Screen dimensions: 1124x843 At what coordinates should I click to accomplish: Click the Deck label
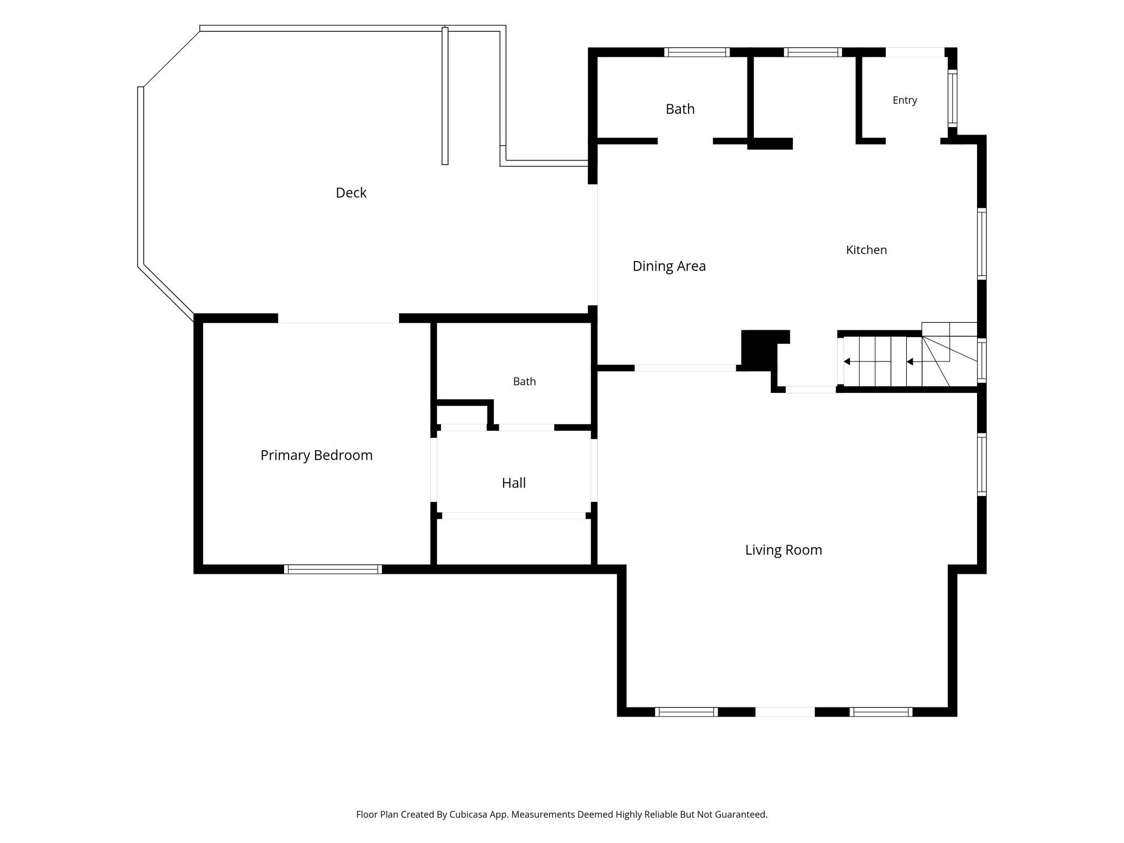351,193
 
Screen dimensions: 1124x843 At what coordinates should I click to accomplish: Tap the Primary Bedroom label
316,455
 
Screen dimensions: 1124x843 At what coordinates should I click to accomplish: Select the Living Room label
783,550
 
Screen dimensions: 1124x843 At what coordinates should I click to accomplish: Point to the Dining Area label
669,266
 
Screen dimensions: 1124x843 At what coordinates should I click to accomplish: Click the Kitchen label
866,250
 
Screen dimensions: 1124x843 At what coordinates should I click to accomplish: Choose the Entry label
905,101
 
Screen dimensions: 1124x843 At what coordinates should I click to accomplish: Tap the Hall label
513,483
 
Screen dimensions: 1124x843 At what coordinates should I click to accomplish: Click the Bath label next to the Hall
524,382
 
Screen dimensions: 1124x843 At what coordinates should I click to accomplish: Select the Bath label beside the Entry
680,109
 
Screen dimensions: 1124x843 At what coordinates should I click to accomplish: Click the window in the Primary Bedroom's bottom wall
333,569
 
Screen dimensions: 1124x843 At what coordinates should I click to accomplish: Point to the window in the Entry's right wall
952,98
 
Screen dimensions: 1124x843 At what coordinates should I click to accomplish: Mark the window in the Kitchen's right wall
982,244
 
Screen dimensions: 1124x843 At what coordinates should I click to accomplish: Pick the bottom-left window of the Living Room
686,712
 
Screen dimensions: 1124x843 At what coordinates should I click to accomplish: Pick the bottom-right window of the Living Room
881,712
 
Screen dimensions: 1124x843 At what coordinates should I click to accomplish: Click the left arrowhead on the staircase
847,362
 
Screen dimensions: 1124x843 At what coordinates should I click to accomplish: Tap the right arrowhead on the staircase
909,362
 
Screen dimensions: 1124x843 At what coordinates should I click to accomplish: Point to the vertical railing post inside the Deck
445,96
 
